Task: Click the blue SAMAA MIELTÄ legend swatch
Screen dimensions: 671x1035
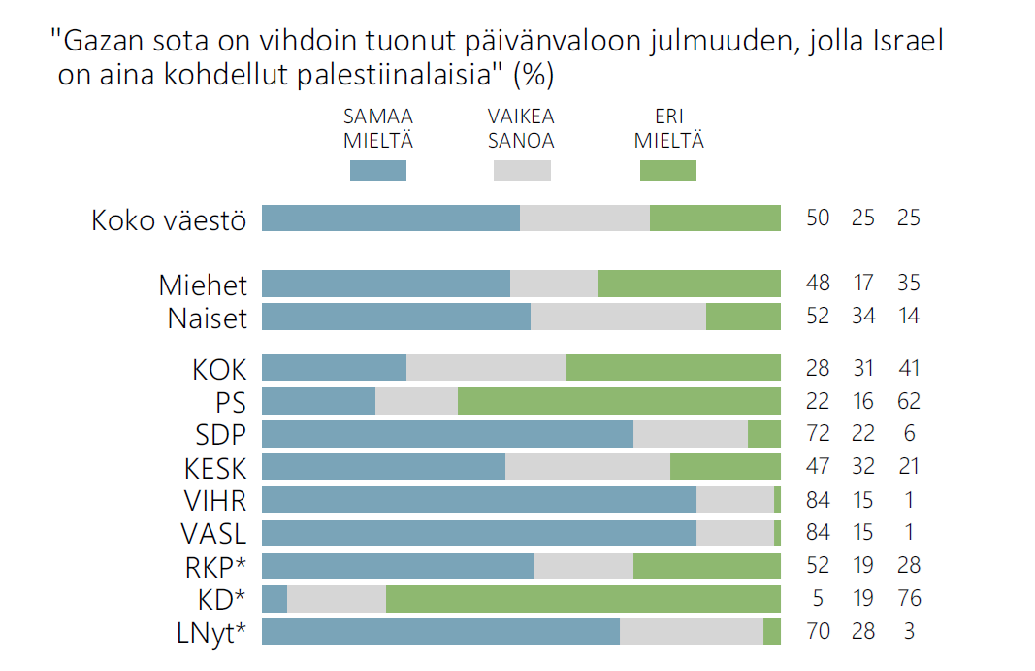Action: click(x=377, y=170)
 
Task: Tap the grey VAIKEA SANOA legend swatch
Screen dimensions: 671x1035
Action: click(x=522, y=170)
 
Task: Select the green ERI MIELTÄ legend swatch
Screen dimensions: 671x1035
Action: click(x=668, y=170)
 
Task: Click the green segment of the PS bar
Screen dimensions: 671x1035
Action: click(x=619, y=401)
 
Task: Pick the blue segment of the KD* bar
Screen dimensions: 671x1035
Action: click(x=275, y=599)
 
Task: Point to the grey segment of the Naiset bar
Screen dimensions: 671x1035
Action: click(x=618, y=317)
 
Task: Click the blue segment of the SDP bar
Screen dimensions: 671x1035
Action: click(x=447, y=434)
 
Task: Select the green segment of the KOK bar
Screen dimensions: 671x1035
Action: click(x=673, y=368)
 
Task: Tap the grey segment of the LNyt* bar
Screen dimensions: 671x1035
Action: click(x=692, y=631)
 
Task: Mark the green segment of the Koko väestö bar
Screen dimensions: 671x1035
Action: click(x=715, y=218)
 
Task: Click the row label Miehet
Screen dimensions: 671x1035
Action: click(x=204, y=285)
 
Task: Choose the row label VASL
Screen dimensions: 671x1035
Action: click(x=213, y=533)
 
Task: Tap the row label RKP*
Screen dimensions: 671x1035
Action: click(x=213, y=566)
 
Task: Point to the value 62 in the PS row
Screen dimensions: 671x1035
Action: click(x=909, y=401)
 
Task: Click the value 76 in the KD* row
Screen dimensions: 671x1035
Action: click(x=909, y=599)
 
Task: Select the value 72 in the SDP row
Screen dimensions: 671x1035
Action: click(x=818, y=434)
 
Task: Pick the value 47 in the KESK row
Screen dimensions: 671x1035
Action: click(x=818, y=467)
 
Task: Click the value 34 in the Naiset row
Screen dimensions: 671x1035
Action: click(x=863, y=317)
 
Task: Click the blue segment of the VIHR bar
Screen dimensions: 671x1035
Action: click(x=479, y=500)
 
